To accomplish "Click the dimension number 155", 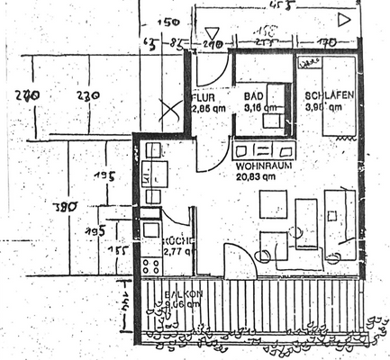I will tap(114, 250).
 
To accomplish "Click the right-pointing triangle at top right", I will tap(342, 18).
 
